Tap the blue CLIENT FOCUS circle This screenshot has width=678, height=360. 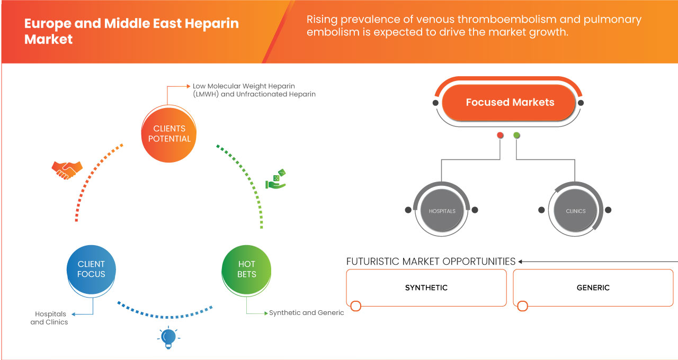coord(91,269)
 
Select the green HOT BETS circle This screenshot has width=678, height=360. coord(247,269)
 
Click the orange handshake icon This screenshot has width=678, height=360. coord(67,169)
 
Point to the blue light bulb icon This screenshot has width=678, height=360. coord(168,337)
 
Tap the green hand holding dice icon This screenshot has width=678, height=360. coord(275,179)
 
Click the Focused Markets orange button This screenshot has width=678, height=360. coord(510,103)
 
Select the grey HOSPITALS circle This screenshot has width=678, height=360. coord(442,211)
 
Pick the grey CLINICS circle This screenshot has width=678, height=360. coord(575,211)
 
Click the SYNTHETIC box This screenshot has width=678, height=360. coord(426,287)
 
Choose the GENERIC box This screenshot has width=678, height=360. coord(593,287)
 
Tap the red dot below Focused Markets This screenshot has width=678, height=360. coord(500,136)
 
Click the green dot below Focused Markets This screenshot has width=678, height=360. coord(517,136)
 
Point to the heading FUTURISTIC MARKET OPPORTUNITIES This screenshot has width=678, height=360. coord(431,262)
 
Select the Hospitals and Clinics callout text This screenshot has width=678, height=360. coord(49,318)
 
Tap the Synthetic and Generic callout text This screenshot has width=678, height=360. coord(307,313)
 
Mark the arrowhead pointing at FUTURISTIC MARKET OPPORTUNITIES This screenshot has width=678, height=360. coord(521,262)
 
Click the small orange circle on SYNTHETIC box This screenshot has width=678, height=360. coord(356,306)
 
